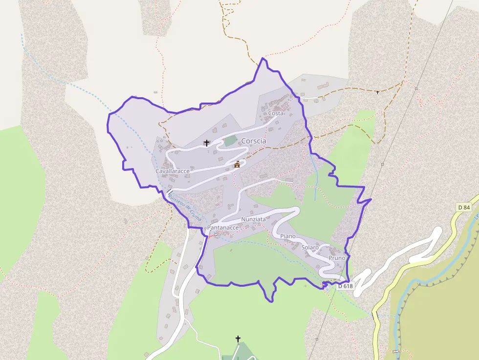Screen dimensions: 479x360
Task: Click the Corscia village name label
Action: (254, 141)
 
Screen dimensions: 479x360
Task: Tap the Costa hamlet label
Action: (276, 113)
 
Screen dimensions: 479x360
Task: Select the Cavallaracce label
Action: (172, 171)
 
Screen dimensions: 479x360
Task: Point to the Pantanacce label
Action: (223, 228)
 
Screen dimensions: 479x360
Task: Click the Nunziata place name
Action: (253, 219)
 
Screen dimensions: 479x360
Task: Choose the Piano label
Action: (288, 236)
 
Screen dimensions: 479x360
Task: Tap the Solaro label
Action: (310, 248)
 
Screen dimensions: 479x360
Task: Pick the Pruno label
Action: (337, 258)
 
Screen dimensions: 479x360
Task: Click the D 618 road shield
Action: (345, 286)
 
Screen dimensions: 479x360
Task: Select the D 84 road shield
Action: (464, 207)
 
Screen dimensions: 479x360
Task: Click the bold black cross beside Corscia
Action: (207, 143)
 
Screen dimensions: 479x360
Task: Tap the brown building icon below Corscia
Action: (237, 164)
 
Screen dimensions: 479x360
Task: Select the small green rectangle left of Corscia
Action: (229, 141)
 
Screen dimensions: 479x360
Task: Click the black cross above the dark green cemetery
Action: (238, 339)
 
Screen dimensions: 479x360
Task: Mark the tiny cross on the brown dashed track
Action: (377, 92)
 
